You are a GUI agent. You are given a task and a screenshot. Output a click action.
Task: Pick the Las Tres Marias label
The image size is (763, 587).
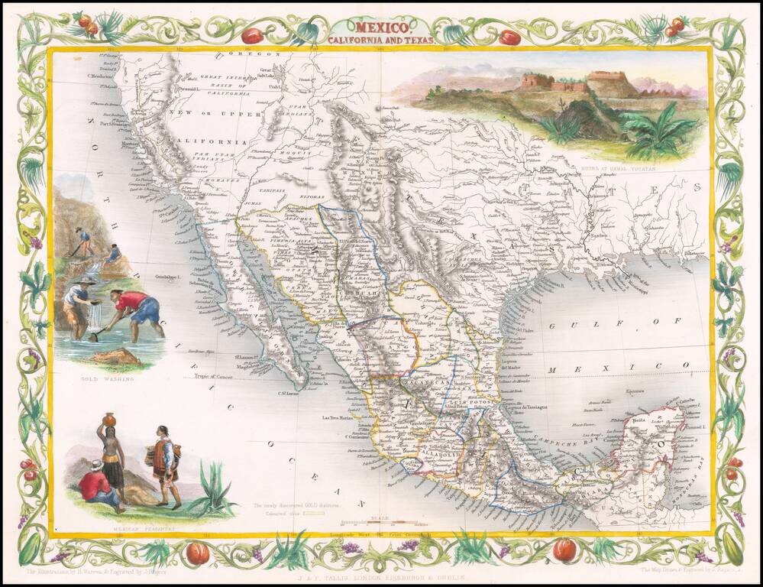(x=335, y=417)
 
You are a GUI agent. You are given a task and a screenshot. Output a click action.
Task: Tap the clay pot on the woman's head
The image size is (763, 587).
(x=108, y=420)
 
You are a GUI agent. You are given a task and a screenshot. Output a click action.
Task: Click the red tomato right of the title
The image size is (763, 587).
(x=509, y=37)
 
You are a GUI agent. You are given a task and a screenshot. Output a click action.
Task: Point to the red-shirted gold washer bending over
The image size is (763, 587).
(x=136, y=308)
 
